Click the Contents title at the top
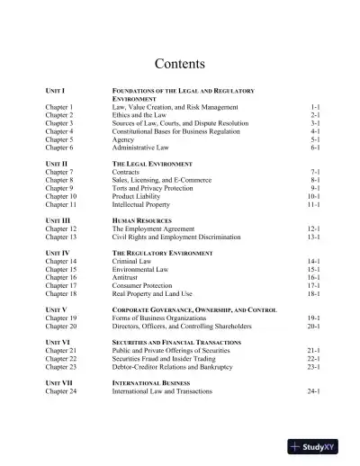180,64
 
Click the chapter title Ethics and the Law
140,115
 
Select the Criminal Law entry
133,261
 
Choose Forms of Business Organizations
160,318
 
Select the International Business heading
152,385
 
